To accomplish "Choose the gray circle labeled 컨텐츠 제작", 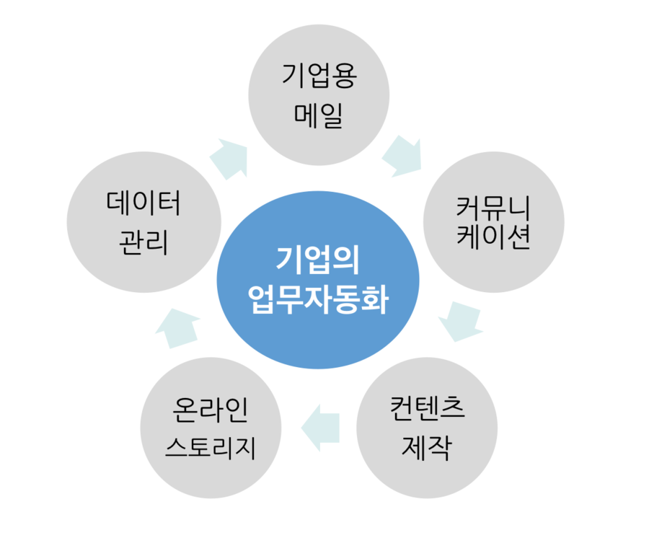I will pos(426,428).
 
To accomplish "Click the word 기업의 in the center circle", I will pos(318,260).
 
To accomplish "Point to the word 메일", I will pos(319,115).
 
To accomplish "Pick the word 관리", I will pos(144,241).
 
